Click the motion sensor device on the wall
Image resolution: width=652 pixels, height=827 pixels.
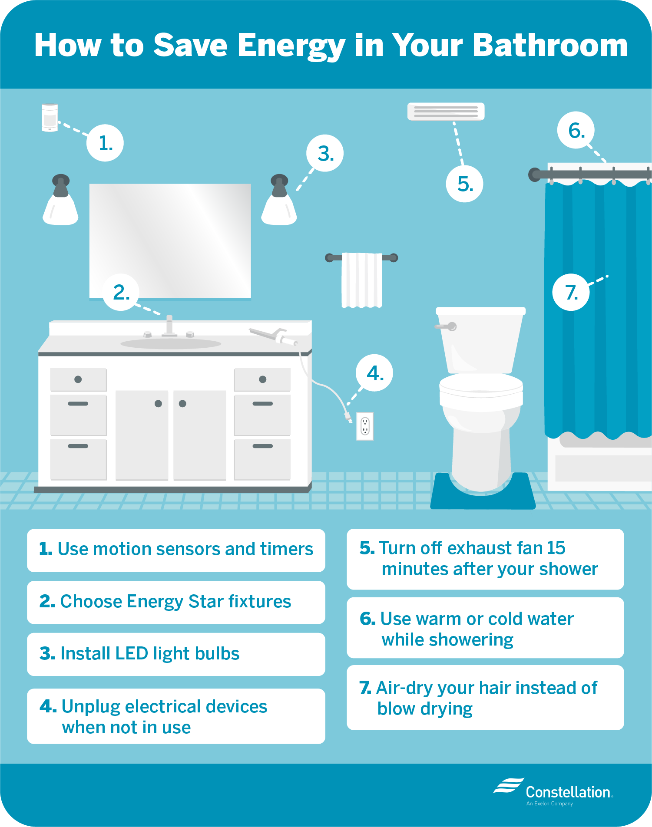click(50, 117)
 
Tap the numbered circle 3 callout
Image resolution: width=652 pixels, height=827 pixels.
click(325, 153)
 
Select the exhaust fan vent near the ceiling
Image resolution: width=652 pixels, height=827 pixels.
click(446, 112)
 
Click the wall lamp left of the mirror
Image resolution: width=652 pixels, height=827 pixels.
click(60, 200)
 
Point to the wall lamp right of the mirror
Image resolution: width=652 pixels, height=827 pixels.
click(279, 200)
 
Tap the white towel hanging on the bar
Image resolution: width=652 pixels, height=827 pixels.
click(362, 280)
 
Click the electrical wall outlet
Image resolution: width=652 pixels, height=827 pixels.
click(365, 426)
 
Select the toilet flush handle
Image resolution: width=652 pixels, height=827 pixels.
click(446, 326)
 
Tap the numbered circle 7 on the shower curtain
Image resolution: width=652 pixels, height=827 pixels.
click(571, 292)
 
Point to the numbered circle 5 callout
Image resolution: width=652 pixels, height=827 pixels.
click(464, 184)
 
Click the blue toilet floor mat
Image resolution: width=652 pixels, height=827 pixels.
click(483, 493)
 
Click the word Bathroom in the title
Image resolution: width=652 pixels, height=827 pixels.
click(550, 45)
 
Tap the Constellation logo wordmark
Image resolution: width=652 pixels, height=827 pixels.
click(568, 792)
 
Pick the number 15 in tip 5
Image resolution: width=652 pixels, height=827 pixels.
click(556, 548)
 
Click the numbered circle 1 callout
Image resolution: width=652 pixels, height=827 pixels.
click(105, 143)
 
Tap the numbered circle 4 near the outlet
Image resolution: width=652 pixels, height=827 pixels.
click(374, 373)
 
